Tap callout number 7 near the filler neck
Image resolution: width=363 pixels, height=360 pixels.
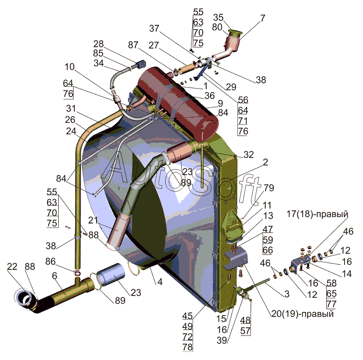262,18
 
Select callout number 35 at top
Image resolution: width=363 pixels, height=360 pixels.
218,17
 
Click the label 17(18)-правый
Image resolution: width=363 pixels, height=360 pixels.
317,214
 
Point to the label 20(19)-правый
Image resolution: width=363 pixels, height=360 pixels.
302,314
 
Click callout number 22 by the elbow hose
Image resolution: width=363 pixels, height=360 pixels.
12,266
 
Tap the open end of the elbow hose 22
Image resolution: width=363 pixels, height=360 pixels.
23,298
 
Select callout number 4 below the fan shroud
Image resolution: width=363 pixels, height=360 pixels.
160,281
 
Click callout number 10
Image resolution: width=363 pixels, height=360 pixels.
70,67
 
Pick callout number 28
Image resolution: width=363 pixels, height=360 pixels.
98,44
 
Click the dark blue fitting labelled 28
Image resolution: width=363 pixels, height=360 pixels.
141,64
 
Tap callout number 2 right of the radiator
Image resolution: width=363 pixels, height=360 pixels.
265,162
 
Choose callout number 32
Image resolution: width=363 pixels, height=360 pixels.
248,154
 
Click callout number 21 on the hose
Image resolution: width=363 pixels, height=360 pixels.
93,220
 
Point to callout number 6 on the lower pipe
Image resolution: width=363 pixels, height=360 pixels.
54,276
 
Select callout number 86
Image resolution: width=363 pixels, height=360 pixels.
51,261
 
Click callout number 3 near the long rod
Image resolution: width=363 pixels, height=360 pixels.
287,294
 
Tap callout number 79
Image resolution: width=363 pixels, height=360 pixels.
269,188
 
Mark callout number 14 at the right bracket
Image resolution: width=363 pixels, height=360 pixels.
347,274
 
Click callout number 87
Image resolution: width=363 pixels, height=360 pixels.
133,45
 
